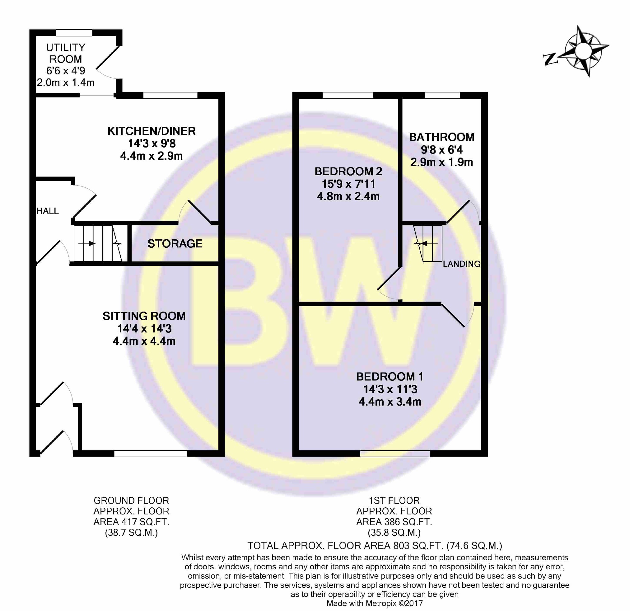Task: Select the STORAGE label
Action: click(175, 244)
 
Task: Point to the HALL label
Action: click(48, 211)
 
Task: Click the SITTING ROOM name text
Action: click(144, 316)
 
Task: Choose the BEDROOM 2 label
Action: click(348, 172)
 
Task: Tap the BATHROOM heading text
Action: click(442, 137)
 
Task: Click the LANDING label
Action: click(462, 264)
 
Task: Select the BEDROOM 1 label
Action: click(390, 377)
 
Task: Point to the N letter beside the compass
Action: click(550, 60)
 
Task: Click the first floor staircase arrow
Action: click(424, 243)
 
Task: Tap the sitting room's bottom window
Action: click(151, 454)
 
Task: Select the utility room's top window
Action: click(74, 33)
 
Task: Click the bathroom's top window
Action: click(442, 95)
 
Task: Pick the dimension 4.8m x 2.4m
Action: click(348, 196)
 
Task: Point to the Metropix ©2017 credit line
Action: click(375, 603)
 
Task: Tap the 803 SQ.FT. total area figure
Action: click(404, 545)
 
